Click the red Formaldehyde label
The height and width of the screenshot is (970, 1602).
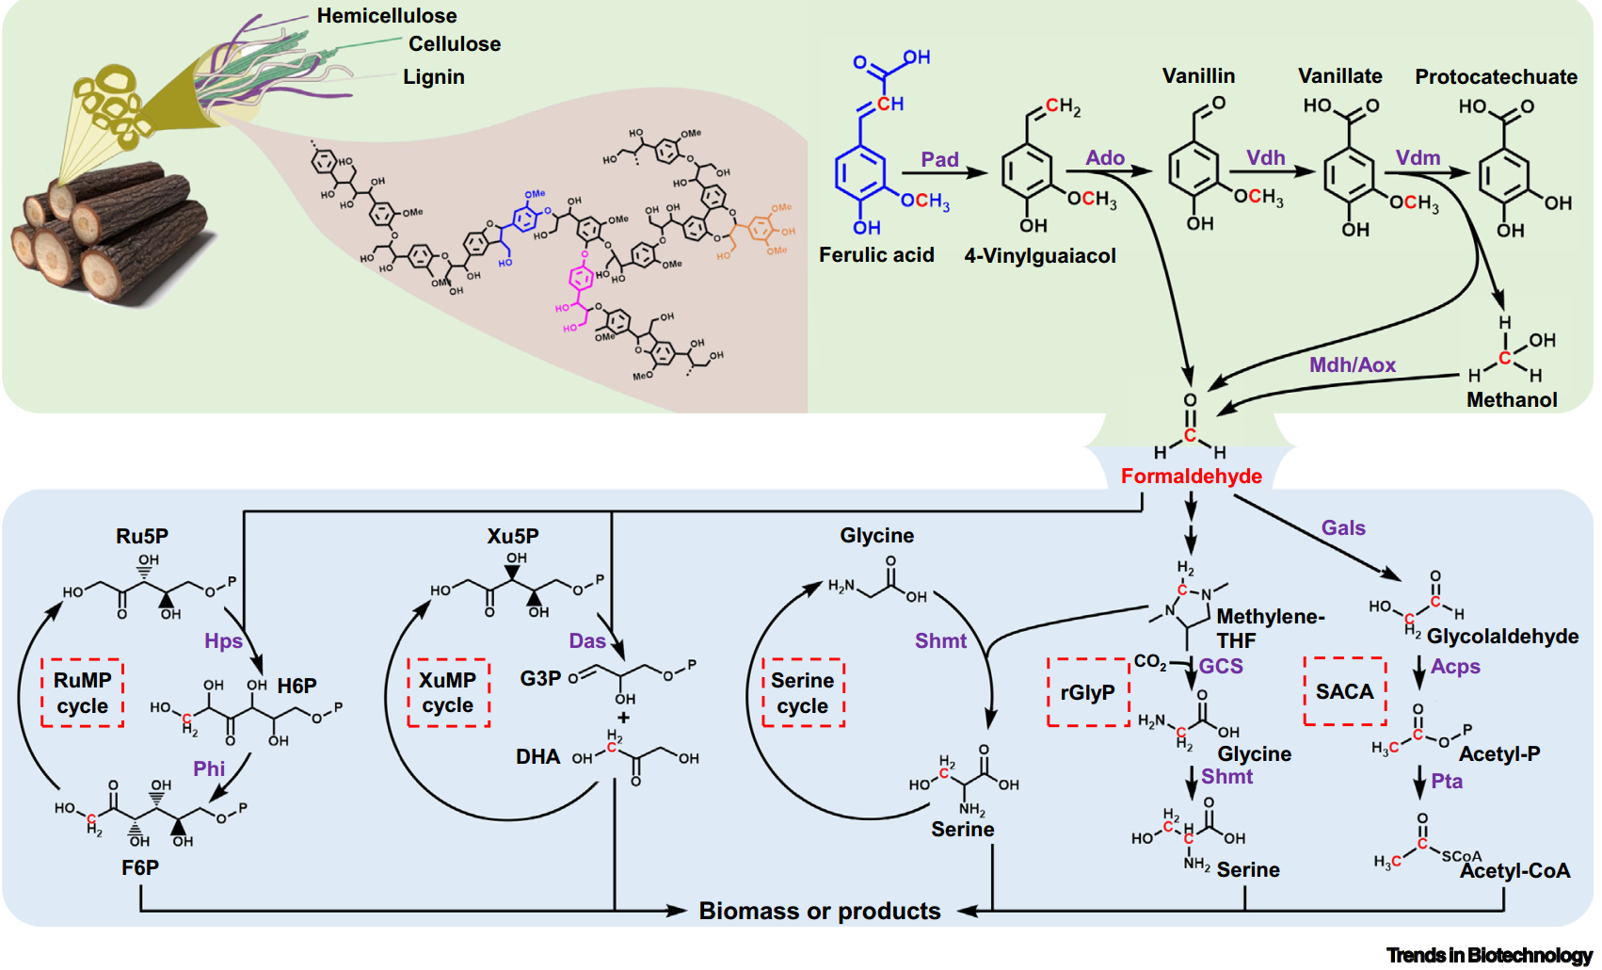click(1191, 476)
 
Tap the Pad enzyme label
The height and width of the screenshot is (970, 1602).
click(939, 159)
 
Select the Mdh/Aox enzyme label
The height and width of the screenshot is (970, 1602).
click(1352, 364)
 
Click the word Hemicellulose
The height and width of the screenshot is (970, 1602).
click(386, 16)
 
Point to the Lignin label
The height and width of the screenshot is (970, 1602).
click(434, 77)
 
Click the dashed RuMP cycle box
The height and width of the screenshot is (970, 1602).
click(82, 693)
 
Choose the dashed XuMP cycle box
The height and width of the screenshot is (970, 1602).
click(448, 693)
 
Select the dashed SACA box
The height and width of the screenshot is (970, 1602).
click(1344, 691)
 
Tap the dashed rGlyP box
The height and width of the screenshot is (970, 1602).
click(1087, 692)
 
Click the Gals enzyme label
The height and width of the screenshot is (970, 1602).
click(1343, 528)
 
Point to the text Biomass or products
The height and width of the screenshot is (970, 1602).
click(819, 911)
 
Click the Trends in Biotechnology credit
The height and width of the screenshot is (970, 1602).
click(1489, 955)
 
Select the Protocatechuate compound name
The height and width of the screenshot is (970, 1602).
click(1496, 77)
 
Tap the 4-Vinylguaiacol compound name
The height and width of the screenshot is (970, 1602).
click(1039, 255)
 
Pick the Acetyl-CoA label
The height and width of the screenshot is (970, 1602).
click(1514, 870)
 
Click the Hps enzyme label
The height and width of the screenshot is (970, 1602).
click(223, 641)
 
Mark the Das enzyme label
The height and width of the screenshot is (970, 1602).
click(586, 641)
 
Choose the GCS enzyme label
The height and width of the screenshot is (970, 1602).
click(1221, 666)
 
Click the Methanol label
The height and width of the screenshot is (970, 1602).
click(1512, 399)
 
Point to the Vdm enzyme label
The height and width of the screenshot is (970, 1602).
click(1418, 157)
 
